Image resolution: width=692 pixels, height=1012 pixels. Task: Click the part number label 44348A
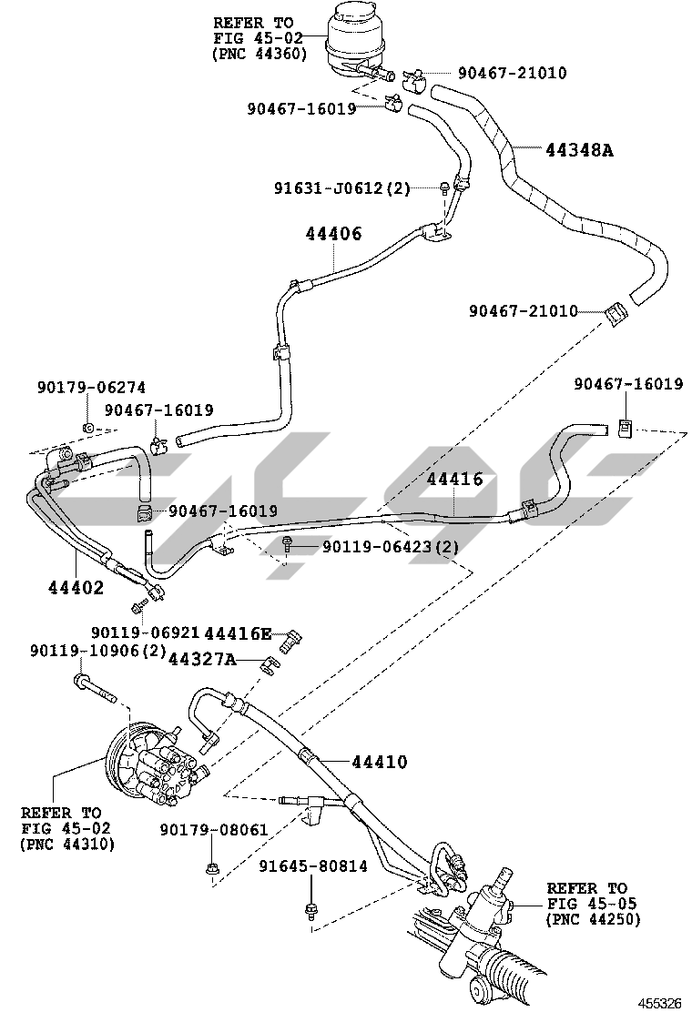(x=579, y=150)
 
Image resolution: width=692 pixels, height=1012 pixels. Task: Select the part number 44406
(x=334, y=234)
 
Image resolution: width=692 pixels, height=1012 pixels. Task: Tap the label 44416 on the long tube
(x=454, y=479)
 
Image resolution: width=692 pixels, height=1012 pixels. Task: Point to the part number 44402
(x=76, y=587)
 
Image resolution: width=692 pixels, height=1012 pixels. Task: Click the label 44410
(x=380, y=763)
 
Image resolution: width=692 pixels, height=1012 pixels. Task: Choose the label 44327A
(x=202, y=659)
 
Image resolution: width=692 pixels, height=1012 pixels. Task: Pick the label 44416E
(x=239, y=633)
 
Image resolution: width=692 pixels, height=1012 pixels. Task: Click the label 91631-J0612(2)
(x=342, y=188)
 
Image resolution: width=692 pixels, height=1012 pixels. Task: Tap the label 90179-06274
(x=91, y=388)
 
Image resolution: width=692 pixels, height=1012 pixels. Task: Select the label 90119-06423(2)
(x=391, y=547)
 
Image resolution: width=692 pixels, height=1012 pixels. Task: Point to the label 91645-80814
(x=313, y=865)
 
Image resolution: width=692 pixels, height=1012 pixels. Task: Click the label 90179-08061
(x=214, y=830)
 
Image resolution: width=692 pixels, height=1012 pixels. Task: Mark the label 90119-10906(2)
(x=98, y=651)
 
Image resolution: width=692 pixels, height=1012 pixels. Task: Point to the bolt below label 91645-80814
(x=310, y=911)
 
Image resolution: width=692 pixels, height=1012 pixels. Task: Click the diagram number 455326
(x=660, y=1003)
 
